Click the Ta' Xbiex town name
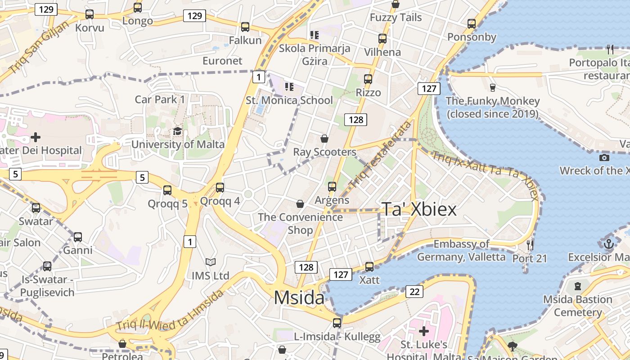(x=419, y=209)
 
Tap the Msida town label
(x=299, y=298)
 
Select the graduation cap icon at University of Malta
(x=178, y=131)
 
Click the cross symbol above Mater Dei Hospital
(x=36, y=137)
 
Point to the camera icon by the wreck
(x=604, y=157)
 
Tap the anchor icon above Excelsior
(x=608, y=244)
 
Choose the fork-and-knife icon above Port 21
(x=530, y=245)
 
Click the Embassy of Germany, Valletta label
(x=461, y=251)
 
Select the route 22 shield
(x=414, y=292)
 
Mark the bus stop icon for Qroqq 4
(x=220, y=188)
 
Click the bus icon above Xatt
(x=369, y=267)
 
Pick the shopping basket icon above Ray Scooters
(x=324, y=139)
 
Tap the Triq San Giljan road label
(x=39, y=47)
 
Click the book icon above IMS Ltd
(x=210, y=262)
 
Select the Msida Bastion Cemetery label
(x=578, y=306)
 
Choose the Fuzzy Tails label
(x=396, y=18)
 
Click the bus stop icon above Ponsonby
(x=472, y=24)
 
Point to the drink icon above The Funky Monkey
(x=492, y=87)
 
